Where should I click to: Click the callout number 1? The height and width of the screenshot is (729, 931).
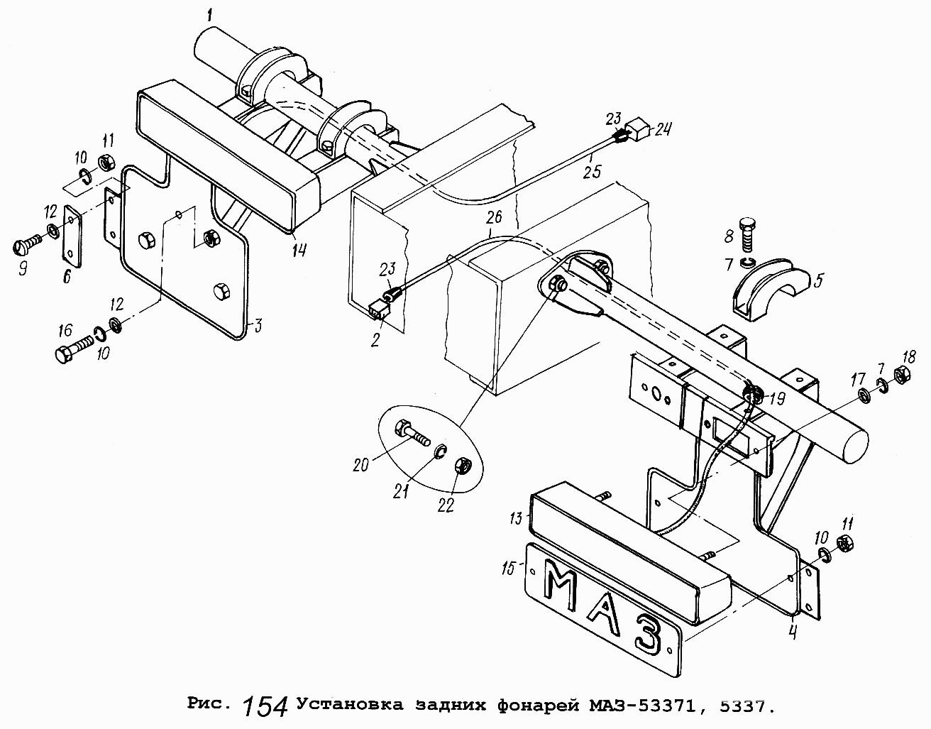pos(209,13)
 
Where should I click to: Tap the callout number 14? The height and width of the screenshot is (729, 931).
pos(299,249)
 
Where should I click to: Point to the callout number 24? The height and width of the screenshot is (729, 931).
pos(663,129)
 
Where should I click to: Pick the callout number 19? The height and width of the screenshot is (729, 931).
pos(777,399)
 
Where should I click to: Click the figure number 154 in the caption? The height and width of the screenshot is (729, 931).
pos(265,706)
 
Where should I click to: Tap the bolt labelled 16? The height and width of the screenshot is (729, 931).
pos(72,351)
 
